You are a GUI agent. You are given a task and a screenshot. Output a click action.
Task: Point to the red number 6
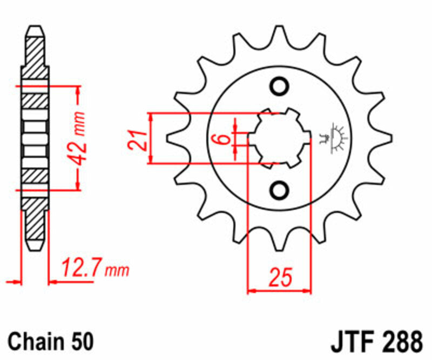click(x=222, y=138)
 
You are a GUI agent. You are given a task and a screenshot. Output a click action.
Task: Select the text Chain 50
click(x=51, y=342)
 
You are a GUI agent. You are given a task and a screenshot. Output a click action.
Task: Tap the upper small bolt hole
click(x=280, y=86)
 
